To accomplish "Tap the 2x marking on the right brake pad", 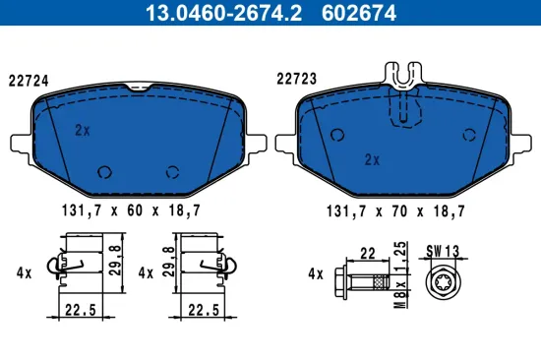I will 372,158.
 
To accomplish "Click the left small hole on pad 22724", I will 101,171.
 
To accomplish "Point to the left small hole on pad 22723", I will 337,135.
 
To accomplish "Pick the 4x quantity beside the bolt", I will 314,273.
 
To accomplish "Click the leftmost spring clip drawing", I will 74,267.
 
